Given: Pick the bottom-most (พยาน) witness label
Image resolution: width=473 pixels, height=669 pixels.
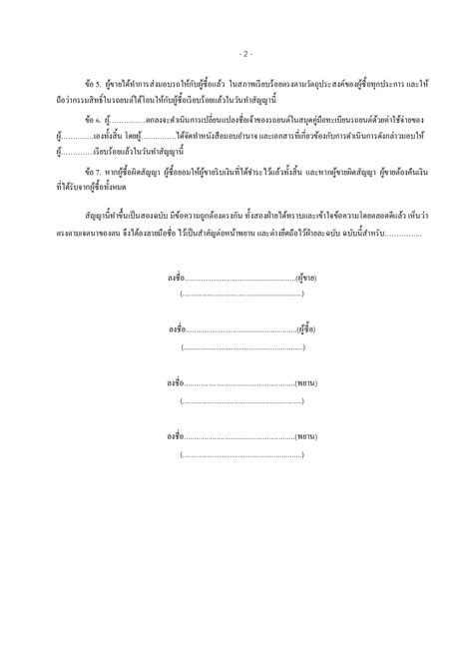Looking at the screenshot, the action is point(306,436).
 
